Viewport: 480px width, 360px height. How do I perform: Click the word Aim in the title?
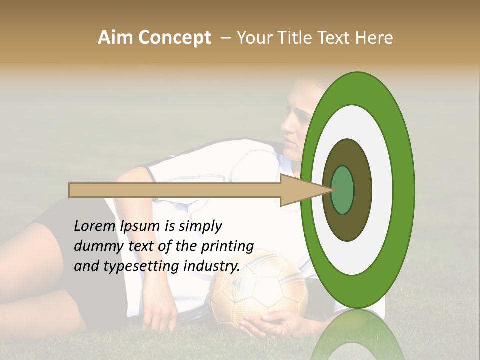115,38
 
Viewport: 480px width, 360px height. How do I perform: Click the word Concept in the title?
174,38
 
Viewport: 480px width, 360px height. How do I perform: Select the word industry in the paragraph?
212,266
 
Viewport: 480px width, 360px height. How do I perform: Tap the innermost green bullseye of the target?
342,190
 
